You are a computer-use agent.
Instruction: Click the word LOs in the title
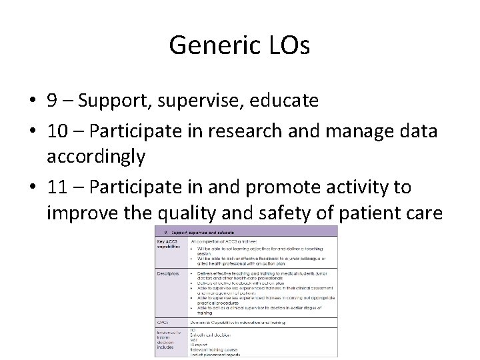286,45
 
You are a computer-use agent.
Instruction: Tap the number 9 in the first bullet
52,101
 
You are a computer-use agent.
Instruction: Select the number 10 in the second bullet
57,131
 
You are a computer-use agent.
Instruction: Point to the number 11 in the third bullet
57,187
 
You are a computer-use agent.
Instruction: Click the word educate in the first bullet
285,101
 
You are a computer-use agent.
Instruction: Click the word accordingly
96,157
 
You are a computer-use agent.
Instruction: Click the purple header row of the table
246,230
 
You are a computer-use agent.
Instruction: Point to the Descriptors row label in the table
169,273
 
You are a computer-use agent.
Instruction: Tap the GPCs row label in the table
162,321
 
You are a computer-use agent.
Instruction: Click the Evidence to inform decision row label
169,338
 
